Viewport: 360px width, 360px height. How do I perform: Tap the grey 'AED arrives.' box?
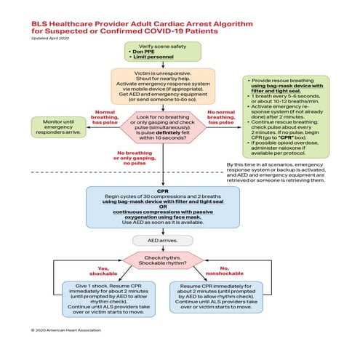click(163, 240)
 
